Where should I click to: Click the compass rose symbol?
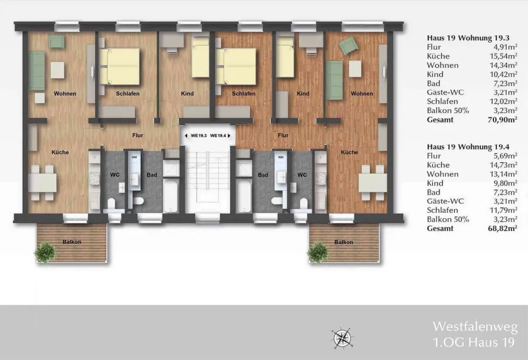pos(342,338)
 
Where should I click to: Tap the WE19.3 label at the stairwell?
pos(199,135)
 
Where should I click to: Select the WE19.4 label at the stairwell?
pos(218,135)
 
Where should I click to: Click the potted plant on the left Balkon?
pos(45,252)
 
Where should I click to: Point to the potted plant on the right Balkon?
pos(317,252)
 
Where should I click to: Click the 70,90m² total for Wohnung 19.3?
pos(502,120)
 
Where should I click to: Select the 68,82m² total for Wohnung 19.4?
pos(502,229)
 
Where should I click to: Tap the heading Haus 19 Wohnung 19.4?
pos(468,147)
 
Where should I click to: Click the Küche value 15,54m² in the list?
pos(503,56)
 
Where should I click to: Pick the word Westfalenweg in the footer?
pos(475,327)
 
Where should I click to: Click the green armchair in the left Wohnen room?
pos(56,42)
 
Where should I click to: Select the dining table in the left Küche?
pos(42,184)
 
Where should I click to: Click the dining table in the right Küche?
pos(373,184)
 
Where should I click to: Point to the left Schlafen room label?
pos(128,94)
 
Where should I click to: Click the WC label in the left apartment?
pos(115,175)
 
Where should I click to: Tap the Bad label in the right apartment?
pos(263,175)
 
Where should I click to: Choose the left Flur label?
pos(138,135)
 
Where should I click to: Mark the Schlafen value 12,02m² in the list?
pos(503,101)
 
